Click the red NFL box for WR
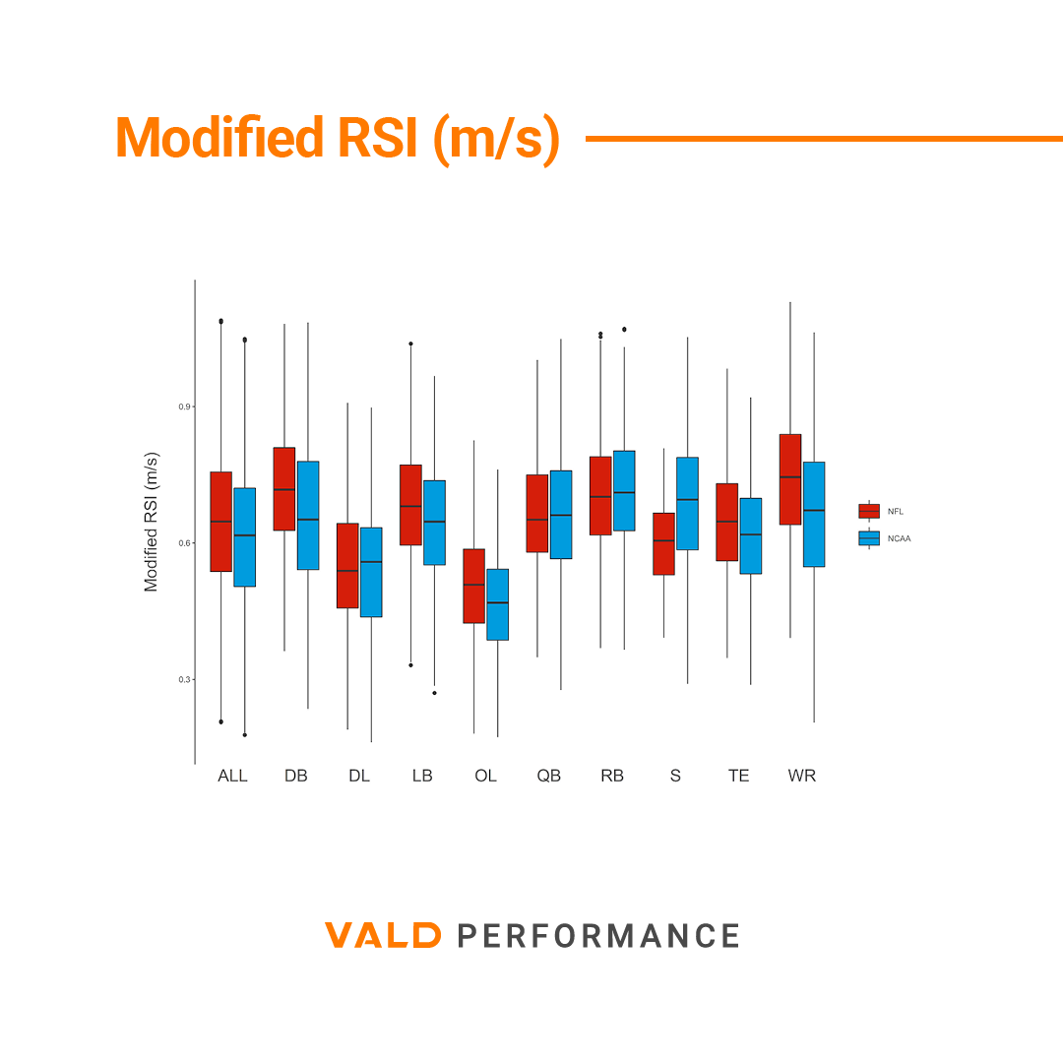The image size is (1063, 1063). pyautogui.click(x=789, y=479)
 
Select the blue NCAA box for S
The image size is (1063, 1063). pyautogui.click(x=687, y=503)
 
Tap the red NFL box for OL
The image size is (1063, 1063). pyautogui.click(x=473, y=586)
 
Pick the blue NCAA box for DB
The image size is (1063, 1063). pyautogui.click(x=308, y=515)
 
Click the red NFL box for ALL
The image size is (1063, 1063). pyautogui.click(x=220, y=522)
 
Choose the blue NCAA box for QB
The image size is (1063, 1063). pyautogui.click(x=561, y=514)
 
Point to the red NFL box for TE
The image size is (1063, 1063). pyautogui.click(x=726, y=522)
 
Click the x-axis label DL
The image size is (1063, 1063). pyautogui.click(x=359, y=776)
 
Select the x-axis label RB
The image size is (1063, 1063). pyautogui.click(x=612, y=776)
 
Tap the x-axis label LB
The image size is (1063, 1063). pyautogui.click(x=422, y=776)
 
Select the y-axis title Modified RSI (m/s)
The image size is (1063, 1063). pyautogui.click(x=151, y=522)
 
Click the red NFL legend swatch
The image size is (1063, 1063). pyautogui.click(x=869, y=511)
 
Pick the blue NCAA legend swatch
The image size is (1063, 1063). pyautogui.click(x=869, y=538)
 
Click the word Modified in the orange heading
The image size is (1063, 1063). pyautogui.click(x=219, y=138)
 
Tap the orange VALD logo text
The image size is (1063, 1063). pyautogui.click(x=383, y=935)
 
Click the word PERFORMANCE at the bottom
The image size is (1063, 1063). pyautogui.click(x=598, y=935)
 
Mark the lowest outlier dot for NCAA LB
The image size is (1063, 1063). pyautogui.click(x=434, y=693)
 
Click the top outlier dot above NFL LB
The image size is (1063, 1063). pyautogui.click(x=410, y=344)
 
